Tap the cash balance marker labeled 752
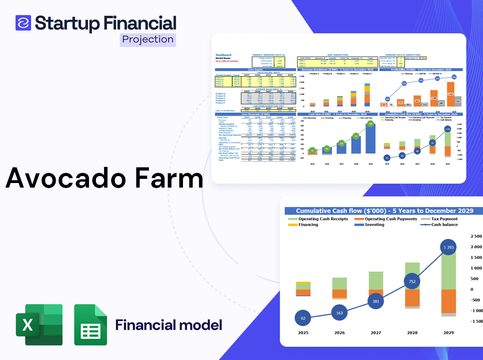point(412,282)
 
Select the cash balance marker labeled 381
point(376,301)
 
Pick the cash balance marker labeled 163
point(339,313)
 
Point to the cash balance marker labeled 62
point(303,318)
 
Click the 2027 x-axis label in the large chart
point(376,332)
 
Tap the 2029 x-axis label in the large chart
point(449,332)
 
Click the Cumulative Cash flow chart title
point(384,211)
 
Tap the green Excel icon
point(39,325)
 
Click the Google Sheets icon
point(91,325)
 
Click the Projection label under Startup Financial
point(148,40)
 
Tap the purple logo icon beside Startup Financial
point(23,23)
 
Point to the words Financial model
point(169,325)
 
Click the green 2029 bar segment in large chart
point(449,270)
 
